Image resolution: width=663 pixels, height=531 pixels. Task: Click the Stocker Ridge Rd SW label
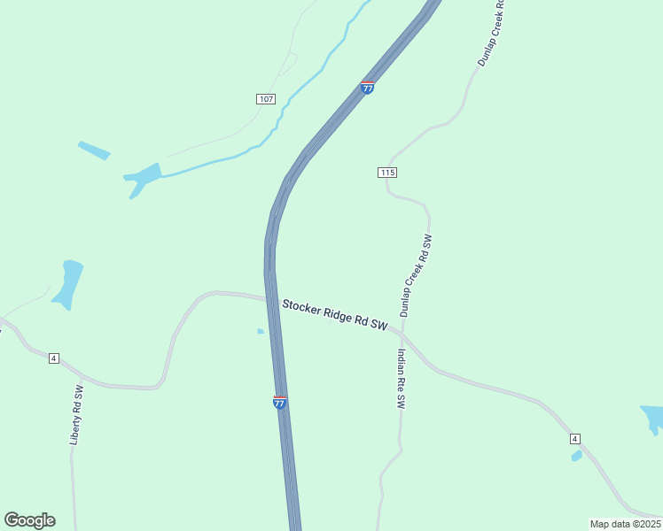pyautogui.click(x=335, y=315)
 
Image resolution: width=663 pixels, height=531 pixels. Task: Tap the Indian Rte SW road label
pyautogui.click(x=401, y=378)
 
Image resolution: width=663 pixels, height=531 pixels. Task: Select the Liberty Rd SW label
pyautogui.click(x=77, y=414)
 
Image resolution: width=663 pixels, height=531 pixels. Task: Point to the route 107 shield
pyautogui.click(x=266, y=98)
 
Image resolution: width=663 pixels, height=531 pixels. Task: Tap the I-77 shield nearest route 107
pyautogui.click(x=367, y=88)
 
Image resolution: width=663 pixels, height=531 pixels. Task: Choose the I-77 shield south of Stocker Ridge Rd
pyautogui.click(x=279, y=402)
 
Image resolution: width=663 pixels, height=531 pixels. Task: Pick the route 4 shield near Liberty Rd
pyautogui.click(x=54, y=358)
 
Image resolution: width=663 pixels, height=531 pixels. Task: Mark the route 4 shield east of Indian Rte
pyautogui.click(x=574, y=439)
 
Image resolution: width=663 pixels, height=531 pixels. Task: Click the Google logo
pyautogui.click(x=29, y=519)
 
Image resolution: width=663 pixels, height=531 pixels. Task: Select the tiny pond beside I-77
pyautogui.click(x=260, y=331)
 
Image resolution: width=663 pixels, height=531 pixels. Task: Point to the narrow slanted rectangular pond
pyautogui.click(x=94, y=150)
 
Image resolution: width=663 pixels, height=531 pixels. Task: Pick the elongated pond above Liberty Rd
pyautogui.click(x=67, y=283)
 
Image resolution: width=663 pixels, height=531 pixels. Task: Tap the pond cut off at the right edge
pyautogui.click(x=653, y=418)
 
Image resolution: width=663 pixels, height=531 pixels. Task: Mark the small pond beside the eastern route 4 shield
pyautogui.click(x=576, y=456)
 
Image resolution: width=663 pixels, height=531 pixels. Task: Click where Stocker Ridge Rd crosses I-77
pyautogui.click(x=271, y=300)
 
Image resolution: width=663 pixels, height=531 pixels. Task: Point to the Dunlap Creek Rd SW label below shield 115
pyautogui.click(x=415, y=275)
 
